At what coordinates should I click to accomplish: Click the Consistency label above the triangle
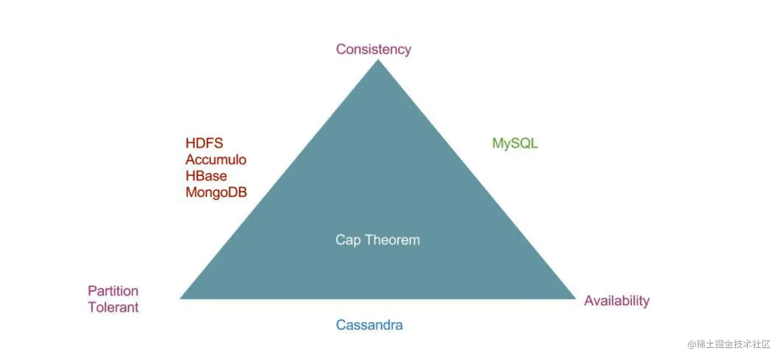pyautogui.click(x=373, y=49)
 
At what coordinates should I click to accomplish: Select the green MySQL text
pyautogui.click(x=515, y=143)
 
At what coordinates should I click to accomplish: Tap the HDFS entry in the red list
pyautogui.click(x=205, y=143)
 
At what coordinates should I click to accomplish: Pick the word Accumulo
pyautogui.click(x=216, y=160)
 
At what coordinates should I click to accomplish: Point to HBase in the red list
pyautogui.click(x=206, y=176)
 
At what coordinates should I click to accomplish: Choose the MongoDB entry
pyautogui.click(x=216, y=193)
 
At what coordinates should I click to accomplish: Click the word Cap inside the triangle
pyautogui.click(x=348, y=240)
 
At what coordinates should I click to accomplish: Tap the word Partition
pyautogui.click(x=113, y=291)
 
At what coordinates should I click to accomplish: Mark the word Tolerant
pyautogui.click(x=113, y=307)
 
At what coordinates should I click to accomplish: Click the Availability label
pyautogui.click(x=617, y=301)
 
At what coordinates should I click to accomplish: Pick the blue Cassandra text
pyautogui.click(x=369, y=325)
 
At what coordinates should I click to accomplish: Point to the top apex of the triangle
pyautogui.click(x=378, y=61)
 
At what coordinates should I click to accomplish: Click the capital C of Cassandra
pyautogui.click(x=341, y=325)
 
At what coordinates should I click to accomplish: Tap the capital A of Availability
pyautogui.click(x=589, y=301)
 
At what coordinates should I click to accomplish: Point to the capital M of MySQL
pyautogui.click(x=498, y=143)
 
